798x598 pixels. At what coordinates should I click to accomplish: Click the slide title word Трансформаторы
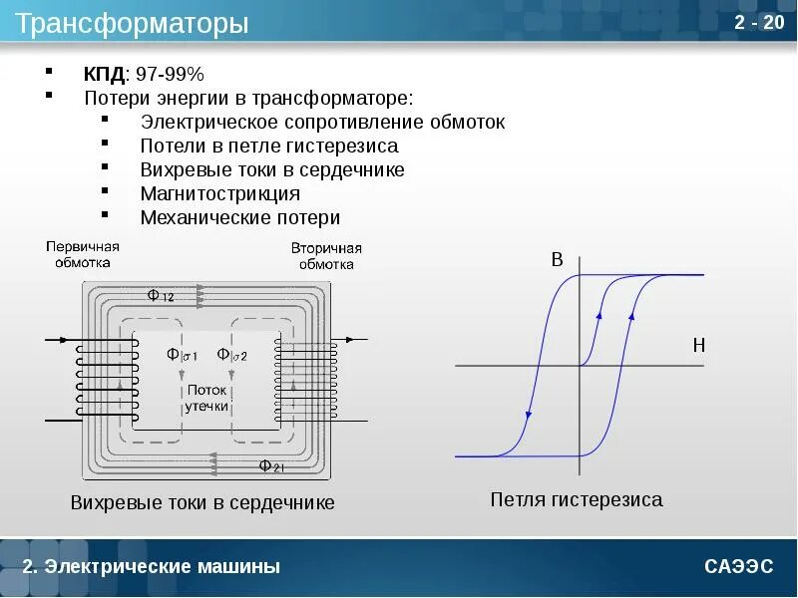click(x=132, y=24)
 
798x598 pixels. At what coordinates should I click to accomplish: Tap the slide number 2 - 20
click(x=759, y=23)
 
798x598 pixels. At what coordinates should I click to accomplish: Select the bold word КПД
click(x=104, y=75)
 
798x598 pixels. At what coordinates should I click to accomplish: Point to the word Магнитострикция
click(x=219, y=193)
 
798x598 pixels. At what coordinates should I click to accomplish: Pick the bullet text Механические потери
click(x=239, y=217)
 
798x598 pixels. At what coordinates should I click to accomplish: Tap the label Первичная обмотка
click(x=82, y=255)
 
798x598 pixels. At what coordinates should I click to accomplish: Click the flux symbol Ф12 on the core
click(x=160, y=295)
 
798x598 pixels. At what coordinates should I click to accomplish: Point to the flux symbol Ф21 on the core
click(x=271, y=465)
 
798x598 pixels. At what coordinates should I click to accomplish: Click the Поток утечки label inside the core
click(x=206, y=398)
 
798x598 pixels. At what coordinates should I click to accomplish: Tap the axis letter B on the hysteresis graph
click(x=558, y=260)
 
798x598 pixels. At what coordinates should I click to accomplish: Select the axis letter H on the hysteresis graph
click(x=698, y=345)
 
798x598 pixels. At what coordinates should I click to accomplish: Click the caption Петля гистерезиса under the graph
click(x=576, y=499)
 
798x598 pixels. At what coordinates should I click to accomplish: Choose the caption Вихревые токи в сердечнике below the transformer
click(x=202, y=502)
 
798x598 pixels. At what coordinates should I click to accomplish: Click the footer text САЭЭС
click(x=738, y=567)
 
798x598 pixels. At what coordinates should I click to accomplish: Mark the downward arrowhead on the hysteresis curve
click(x=529, y=416)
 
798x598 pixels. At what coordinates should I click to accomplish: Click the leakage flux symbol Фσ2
click(x=238, y=355)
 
